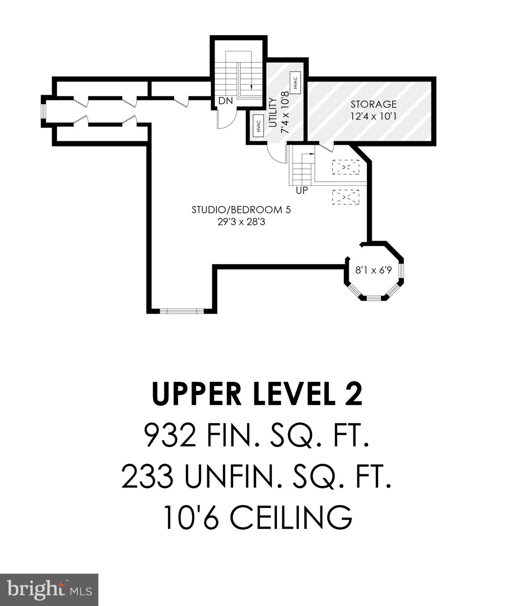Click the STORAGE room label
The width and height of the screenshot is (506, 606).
point(373,104)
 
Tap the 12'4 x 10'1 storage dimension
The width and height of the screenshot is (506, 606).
point(373,116)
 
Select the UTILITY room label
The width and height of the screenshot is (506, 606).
point(272,112)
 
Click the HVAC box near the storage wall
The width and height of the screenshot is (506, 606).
point(295,82)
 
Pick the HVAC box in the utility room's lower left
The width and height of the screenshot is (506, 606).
point(258,127)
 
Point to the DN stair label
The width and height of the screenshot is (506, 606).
point(225,101)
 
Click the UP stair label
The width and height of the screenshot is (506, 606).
point(301,191)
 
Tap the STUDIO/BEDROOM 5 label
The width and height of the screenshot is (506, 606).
point(241,210)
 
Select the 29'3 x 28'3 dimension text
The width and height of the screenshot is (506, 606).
point(241,222)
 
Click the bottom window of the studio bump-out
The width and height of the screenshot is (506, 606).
point(182,311)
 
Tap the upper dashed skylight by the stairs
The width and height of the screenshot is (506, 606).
point(346,167)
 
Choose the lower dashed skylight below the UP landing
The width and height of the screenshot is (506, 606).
point(346,197)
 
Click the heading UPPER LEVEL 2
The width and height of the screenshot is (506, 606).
point(257,394)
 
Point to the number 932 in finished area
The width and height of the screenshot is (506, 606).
point(170,435)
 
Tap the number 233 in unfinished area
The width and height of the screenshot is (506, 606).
point(147,476)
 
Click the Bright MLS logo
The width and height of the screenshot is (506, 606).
point(49,589)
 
